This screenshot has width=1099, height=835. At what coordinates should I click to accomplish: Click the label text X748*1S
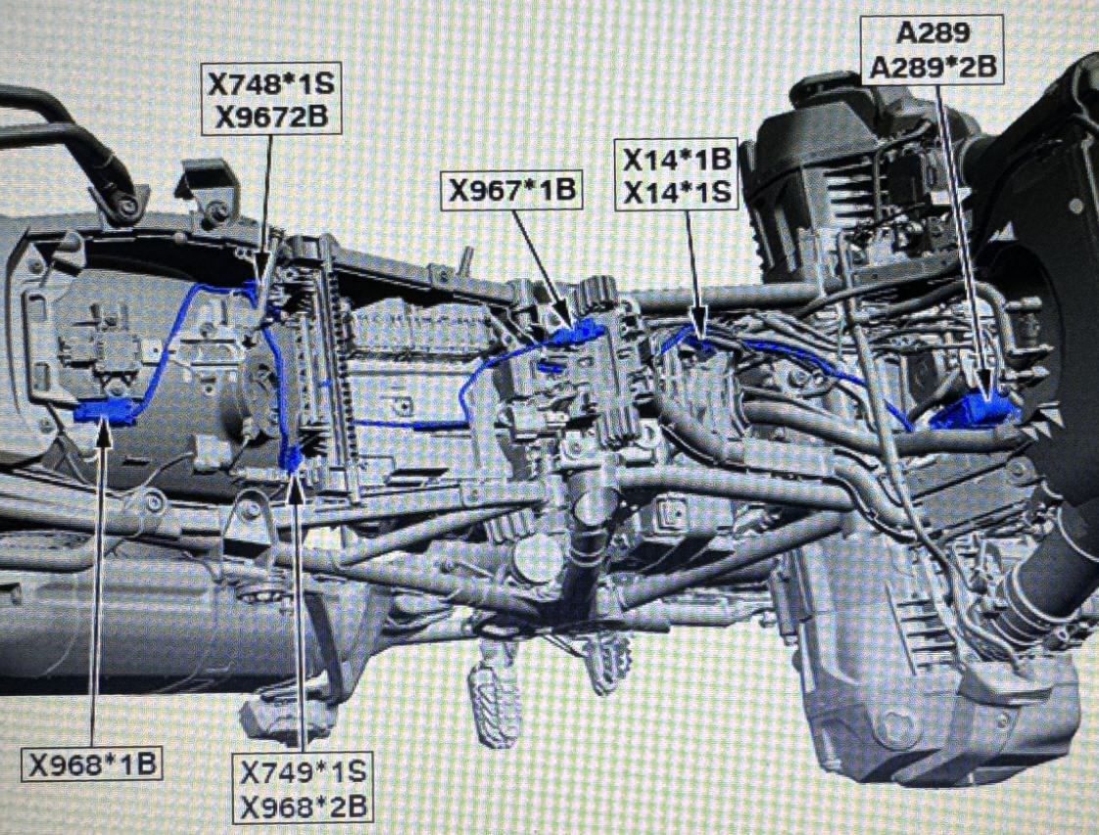point(271,84)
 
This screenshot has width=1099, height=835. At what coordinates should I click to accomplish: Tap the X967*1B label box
point(511,189)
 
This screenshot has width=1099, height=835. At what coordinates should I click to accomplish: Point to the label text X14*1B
point(677,159)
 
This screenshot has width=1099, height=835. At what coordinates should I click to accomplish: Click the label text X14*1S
point(677,191)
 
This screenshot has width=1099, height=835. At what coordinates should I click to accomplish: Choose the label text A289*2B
point(932,68)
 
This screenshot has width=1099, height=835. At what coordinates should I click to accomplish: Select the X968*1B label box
point(92,764)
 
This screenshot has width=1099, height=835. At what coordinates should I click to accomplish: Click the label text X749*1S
point(303,772)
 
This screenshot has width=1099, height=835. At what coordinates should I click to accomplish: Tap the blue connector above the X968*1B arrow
point(105,412)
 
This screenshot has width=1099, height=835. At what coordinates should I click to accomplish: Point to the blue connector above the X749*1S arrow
point(292,457)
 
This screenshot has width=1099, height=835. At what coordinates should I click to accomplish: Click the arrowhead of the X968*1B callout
point(104,435)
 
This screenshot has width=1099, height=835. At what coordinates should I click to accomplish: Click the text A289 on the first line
point(932,32)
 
